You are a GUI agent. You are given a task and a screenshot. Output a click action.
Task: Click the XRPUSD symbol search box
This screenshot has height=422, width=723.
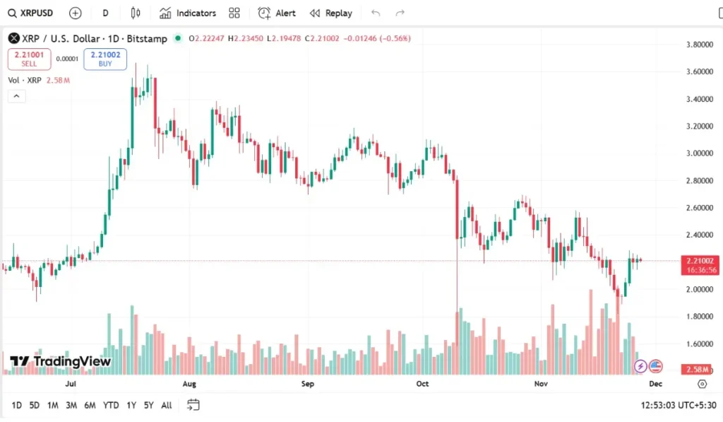pyautogui.click(x=32, y=13)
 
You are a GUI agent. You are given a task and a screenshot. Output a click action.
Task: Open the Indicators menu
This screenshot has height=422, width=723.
pyautogui.click(x=188, y=13)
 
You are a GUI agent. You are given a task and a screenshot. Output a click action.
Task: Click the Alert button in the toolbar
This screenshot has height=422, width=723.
pyautogui.click(x=277, y=13)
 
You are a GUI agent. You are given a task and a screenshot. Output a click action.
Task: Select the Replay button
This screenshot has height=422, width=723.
pyautogui.click(x=331, y=13)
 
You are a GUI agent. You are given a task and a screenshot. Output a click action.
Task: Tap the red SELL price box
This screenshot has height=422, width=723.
pyautogui.click(x=29, y=59)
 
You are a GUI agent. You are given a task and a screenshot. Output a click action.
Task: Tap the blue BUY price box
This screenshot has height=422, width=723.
pyautogui.click(x=105, y=59)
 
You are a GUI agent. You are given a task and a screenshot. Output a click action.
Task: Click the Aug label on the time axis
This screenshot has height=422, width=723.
pyautogui.click(x=189, y=384)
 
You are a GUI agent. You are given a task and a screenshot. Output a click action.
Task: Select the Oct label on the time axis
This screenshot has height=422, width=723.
pyautogui.click(x=422, y=384)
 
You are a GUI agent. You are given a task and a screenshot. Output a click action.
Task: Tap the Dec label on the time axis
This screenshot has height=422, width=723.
pyautogui.click(x=655, y=384)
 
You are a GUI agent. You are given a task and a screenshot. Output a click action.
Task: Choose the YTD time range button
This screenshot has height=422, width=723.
pyautogui.click(x=111, y=405)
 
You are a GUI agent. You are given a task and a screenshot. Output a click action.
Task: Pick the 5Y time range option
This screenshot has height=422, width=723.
pyautogui.click(x=148, y=405)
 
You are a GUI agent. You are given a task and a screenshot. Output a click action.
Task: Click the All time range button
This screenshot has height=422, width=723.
pyautogui.click(x=167, y=405)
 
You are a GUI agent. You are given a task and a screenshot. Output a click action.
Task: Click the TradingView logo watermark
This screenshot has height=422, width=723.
pyautogui.click(x=61, y=361)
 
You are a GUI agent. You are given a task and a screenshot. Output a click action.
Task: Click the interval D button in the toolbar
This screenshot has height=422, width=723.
pyautogui.click(x=105, y=13)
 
